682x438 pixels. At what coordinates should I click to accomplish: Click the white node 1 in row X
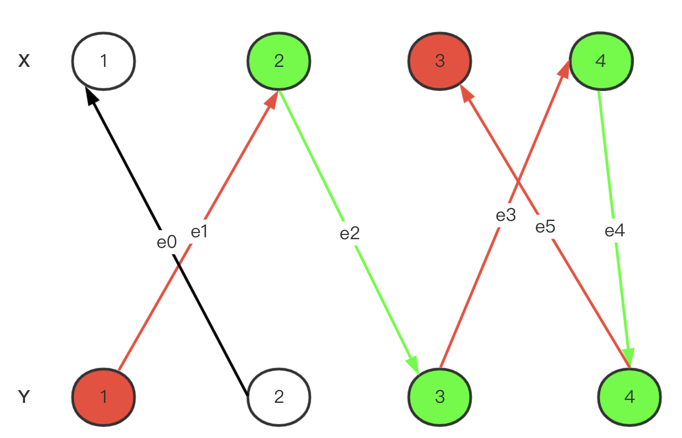point(104,61)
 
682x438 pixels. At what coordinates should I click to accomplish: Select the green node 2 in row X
point(279,61)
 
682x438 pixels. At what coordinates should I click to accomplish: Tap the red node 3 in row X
point(440,61)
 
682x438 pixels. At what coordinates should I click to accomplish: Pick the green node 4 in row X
point(601,61)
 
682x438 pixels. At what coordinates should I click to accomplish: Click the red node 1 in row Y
point(104,397)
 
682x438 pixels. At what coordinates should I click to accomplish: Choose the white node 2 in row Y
point(279,397)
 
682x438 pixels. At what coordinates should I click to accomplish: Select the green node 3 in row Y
point(440,397)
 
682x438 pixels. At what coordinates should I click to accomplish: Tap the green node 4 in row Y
point(630,397)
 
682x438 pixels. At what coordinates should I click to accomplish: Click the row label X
point(24,61)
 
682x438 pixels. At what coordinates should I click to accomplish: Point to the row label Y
point(24,397)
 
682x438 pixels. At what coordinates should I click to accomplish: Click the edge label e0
point(167,242)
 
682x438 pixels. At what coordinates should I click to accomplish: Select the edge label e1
point(199,232)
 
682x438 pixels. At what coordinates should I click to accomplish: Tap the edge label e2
point(350,234)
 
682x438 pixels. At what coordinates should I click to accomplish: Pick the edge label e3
point(506,216)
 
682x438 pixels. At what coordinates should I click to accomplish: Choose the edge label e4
point(615,231)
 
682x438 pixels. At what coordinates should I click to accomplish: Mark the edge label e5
point(545,227)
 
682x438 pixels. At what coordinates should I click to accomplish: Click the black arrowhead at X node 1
point(92,95)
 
